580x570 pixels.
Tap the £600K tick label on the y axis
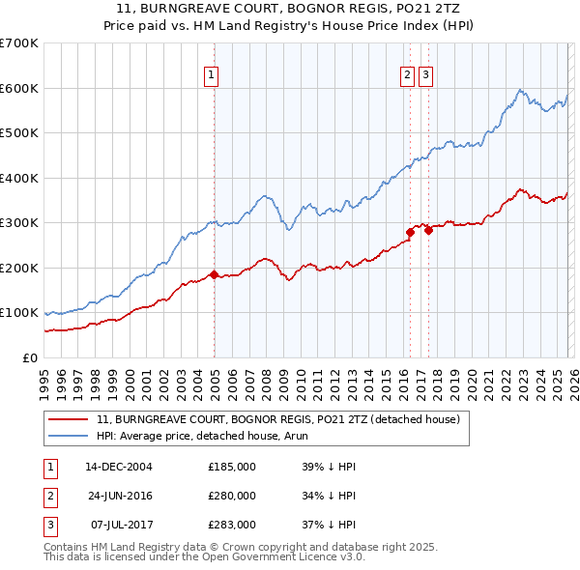[x=19, y=88]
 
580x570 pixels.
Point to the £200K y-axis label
[x=19, y=268]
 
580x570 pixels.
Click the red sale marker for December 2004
[x=214, y=274]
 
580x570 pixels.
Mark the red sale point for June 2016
[x=410, y=232]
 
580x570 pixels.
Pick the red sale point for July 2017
[x=428, y=230]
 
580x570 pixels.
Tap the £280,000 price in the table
[x=232, y=496]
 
